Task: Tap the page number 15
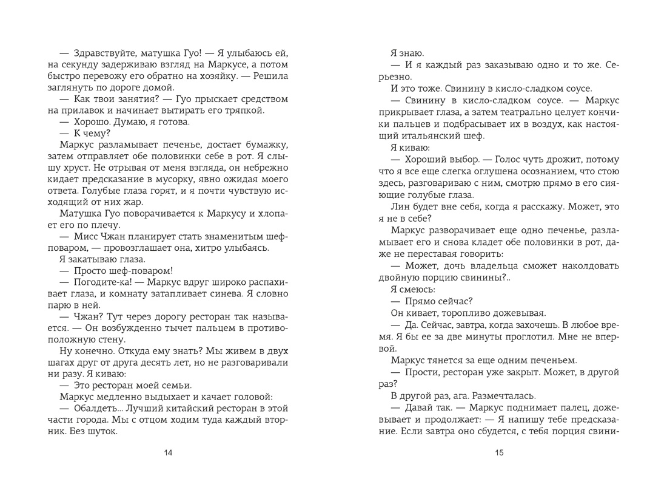pos(498,452)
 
